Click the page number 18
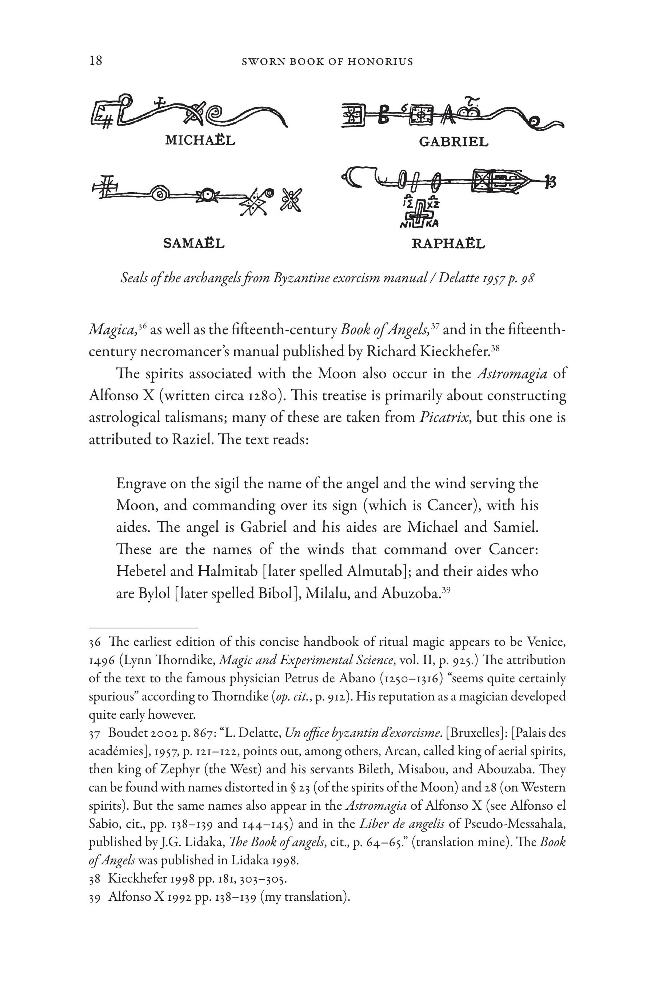[x=96, y=61]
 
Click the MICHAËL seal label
[x=200, y=140]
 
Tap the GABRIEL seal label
[x=454, y=142]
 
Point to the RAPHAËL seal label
[x=448, y=243]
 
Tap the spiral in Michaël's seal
[x=219, y=113]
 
